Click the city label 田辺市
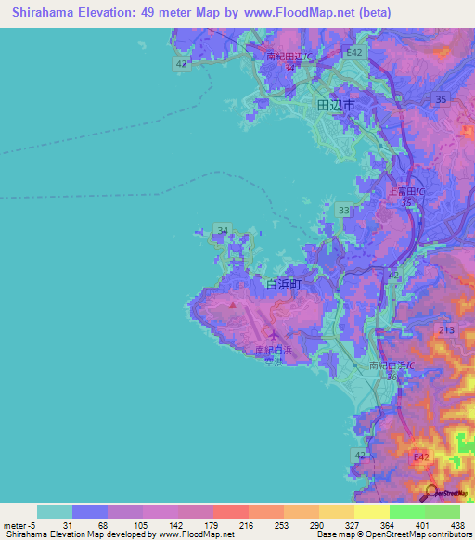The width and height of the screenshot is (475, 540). point(336,107)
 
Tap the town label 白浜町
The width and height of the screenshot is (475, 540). point(284,285)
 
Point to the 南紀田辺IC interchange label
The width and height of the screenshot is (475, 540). point(289,56)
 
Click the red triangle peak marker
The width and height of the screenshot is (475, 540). point(232,302)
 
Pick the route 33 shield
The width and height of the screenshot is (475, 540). point(344,212)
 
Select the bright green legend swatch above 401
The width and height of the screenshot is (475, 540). point(407,511)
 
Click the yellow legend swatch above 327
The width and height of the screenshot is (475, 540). point(337,511)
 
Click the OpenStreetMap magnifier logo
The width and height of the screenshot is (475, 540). point(431,493)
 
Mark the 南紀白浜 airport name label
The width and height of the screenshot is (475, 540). point(274,351)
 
